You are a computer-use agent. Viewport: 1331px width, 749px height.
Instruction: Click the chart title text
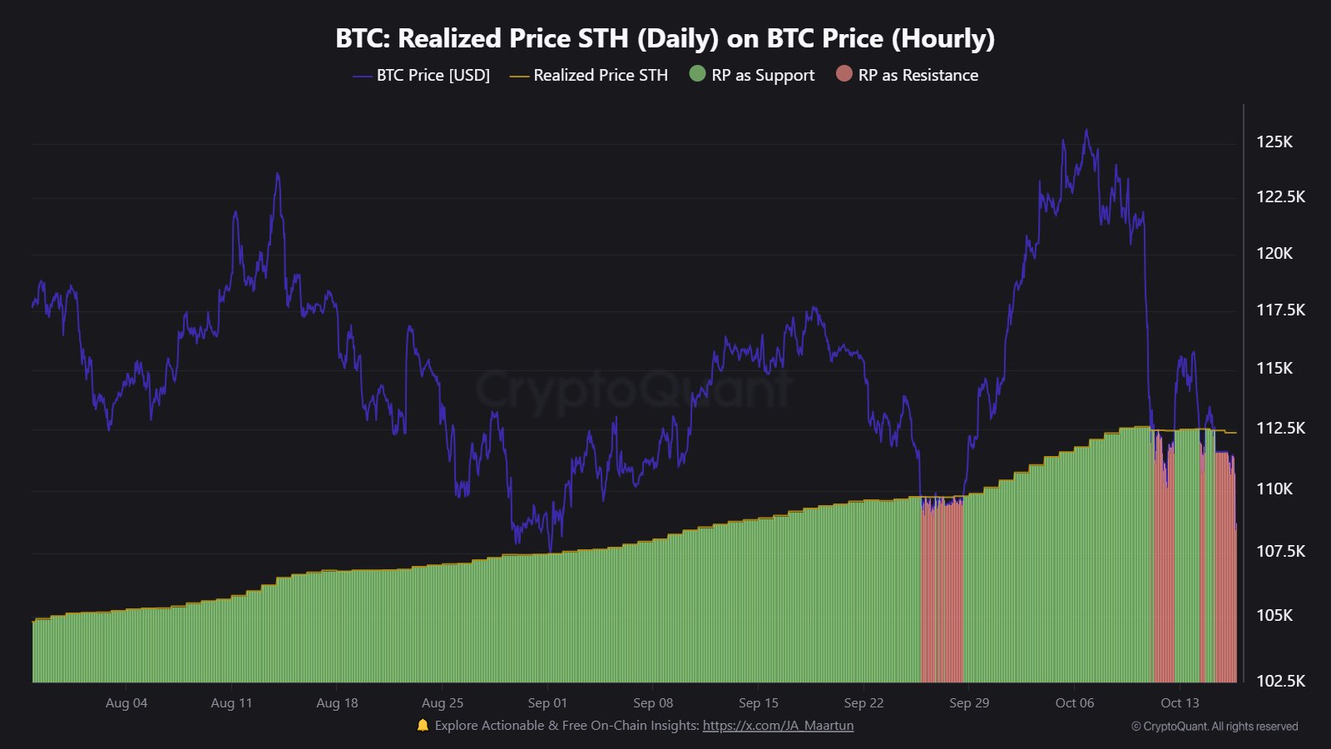[x=665, y=38]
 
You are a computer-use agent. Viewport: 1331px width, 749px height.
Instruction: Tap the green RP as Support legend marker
[x=697, y=74]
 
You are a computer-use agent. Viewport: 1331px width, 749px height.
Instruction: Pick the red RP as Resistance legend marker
[x=844, y=74]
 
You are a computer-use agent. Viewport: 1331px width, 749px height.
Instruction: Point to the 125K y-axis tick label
[x=1274, y=141]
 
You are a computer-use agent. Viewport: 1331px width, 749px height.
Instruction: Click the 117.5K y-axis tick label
[x=1280, y=310]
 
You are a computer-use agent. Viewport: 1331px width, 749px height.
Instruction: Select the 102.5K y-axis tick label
[x=1280, y=681]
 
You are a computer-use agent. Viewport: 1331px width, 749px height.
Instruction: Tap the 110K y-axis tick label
[x=1274, y=489]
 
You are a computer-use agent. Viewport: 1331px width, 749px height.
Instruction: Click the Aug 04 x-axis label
[x=126, y=703]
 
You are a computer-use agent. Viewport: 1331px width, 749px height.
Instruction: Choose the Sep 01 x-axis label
[x=547, y=703]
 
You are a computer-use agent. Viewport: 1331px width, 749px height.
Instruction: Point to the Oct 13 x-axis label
[x=1180, y=703]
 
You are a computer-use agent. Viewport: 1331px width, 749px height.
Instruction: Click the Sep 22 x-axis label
[x=863, y=703]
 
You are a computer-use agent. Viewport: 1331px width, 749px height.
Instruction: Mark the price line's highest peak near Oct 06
[x=1086, y=131]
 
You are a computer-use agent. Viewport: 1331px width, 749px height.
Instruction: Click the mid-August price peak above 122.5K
[x=277, y=175]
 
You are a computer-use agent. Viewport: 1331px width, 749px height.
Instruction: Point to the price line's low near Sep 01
[x=550, y=549]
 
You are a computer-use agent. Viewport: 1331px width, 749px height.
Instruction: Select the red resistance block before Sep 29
[x=942, y=591]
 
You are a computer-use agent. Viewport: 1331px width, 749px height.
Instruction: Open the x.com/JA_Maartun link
[x=778, y=726]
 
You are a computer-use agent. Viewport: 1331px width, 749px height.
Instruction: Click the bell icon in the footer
[x=423, y=726]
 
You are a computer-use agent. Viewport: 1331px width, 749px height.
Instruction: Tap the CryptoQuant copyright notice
[x=1215, y=727]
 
